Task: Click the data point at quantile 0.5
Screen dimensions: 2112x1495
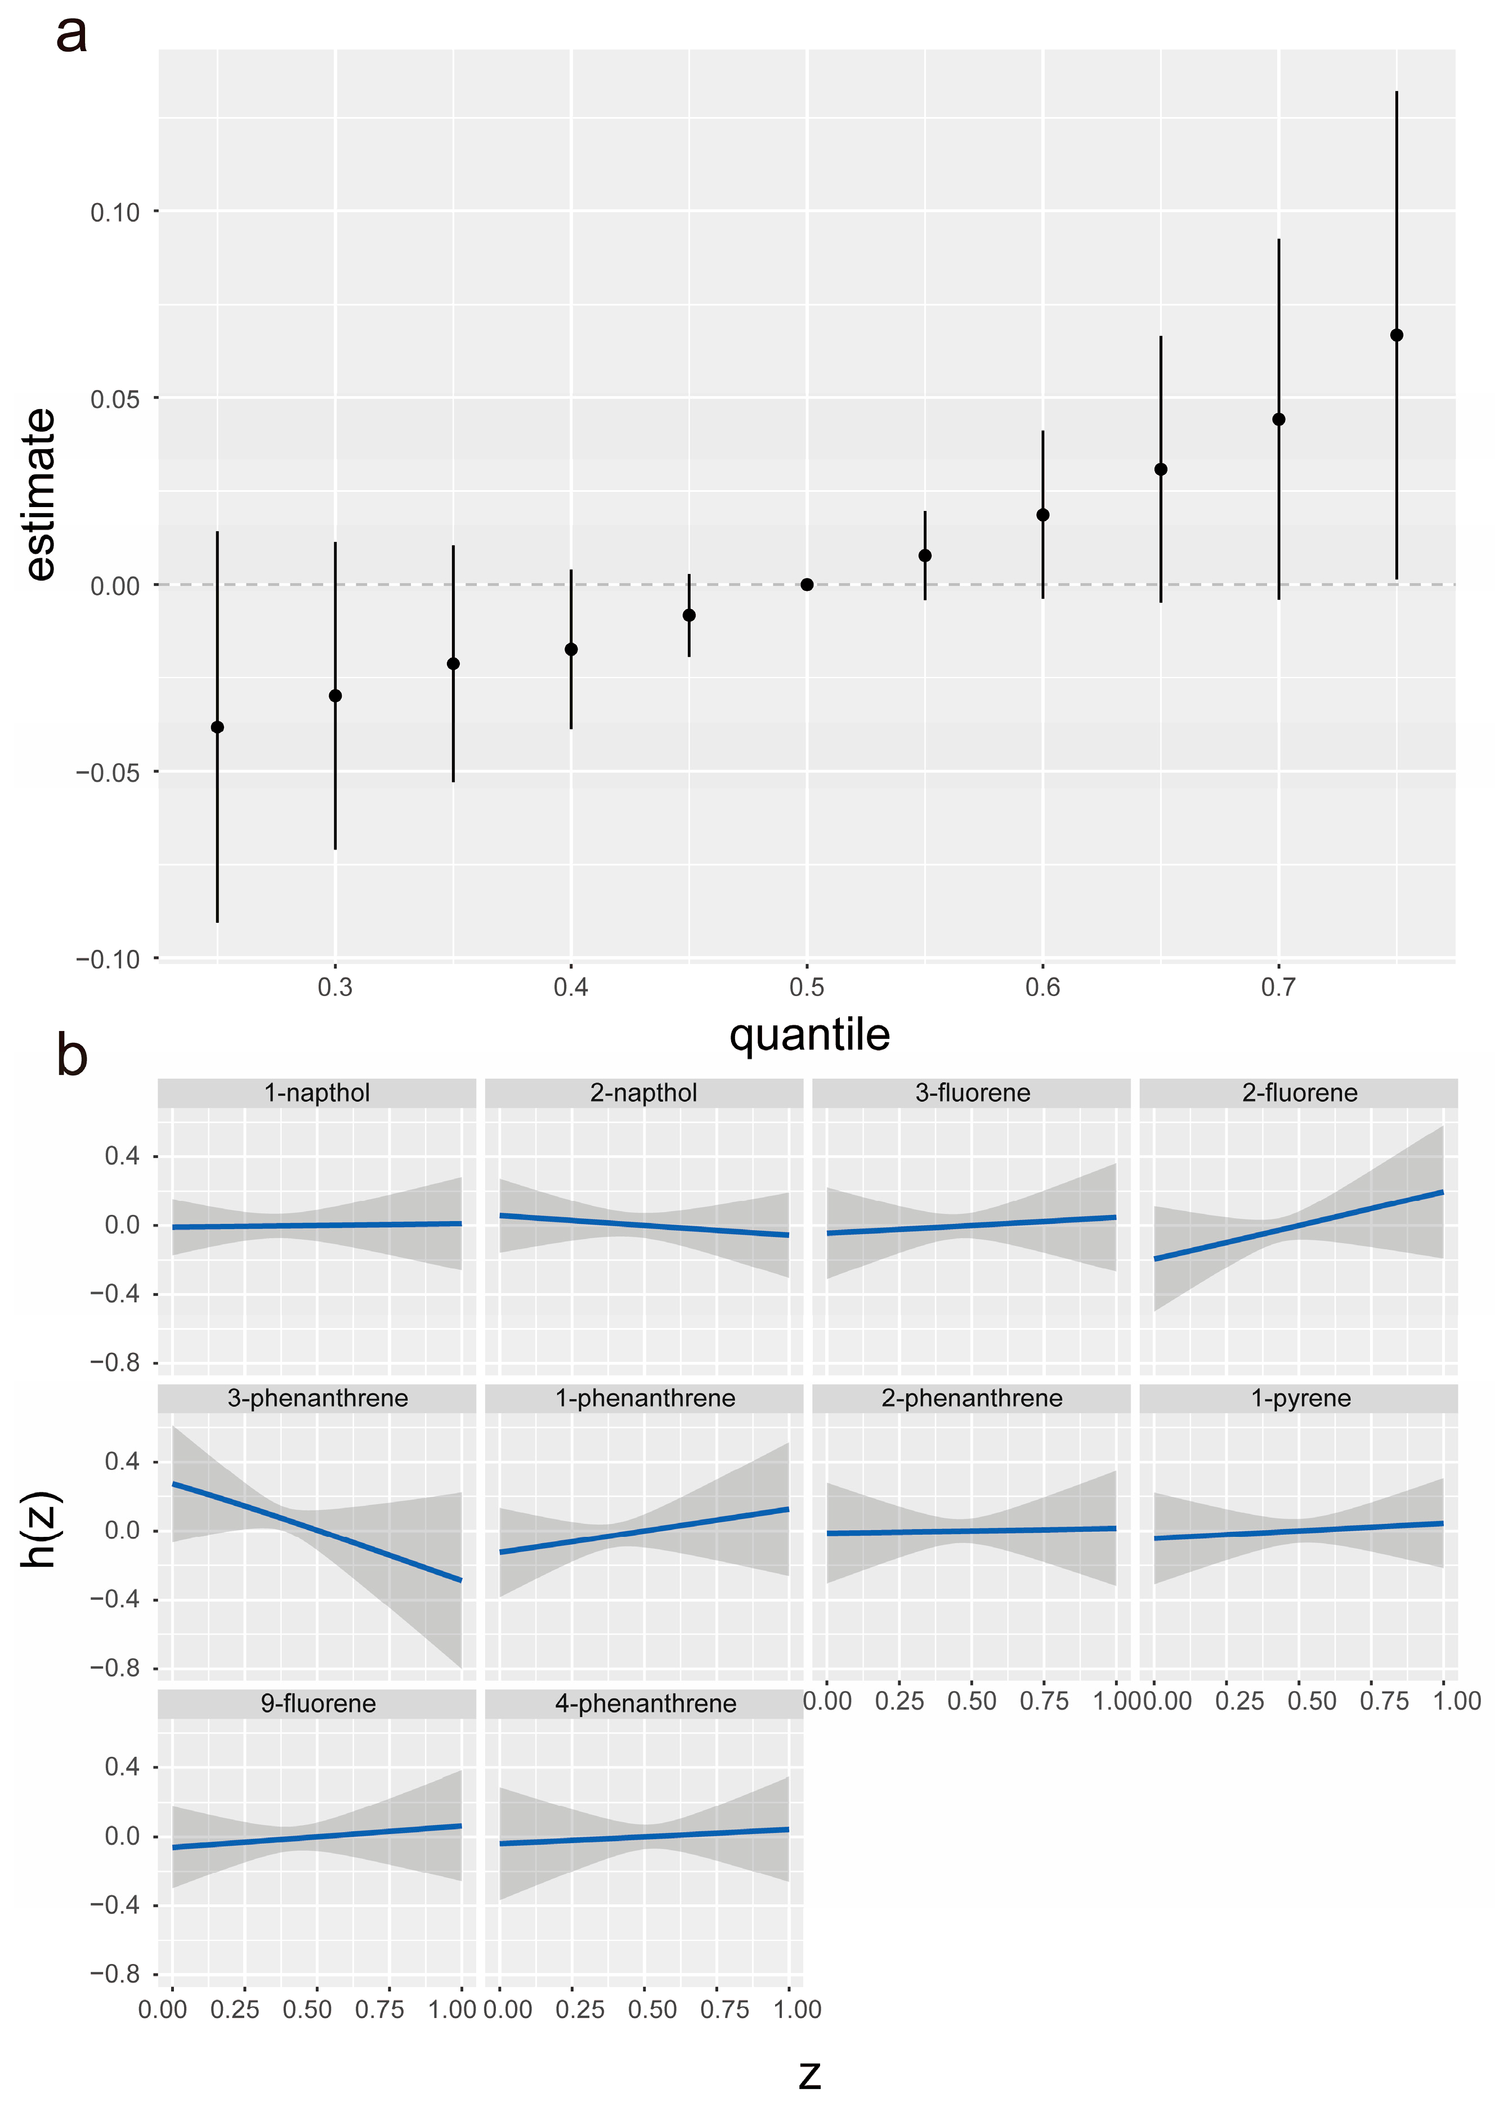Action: pos(807,584)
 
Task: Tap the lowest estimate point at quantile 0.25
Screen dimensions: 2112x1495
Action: pos(217,727)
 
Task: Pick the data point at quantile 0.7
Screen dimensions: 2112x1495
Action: pos(1278,420)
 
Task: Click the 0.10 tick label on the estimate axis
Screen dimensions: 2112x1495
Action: pos(115,213)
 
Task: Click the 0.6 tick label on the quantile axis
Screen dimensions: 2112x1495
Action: pos(1042,988)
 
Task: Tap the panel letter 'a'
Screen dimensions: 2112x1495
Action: pos(72,35)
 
